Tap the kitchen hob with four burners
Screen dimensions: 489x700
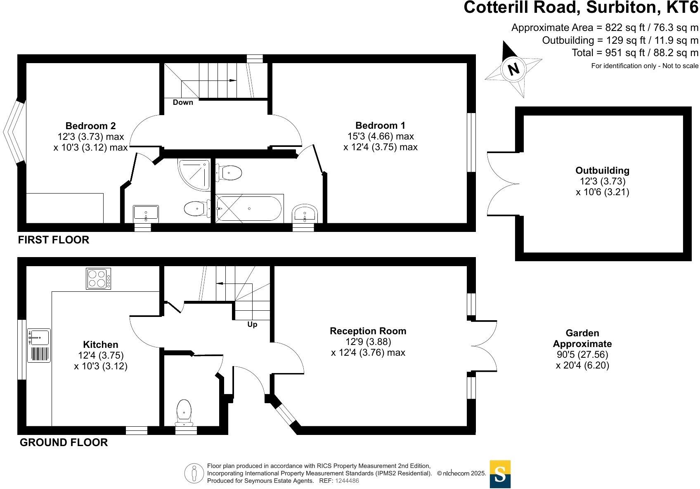click(99, 279)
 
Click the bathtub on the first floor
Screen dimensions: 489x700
click(249, 208)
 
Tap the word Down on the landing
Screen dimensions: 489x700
click(183, 102)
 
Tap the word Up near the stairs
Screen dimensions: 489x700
click(252, 324)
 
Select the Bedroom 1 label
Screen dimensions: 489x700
click(380, 125)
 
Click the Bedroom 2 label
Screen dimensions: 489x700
click(90, 126)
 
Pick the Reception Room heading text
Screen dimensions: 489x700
click(368, 331)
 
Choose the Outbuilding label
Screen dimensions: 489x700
click(602, 170)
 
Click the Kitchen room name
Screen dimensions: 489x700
click(100, 345)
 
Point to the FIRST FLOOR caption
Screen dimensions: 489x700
click(54, 240)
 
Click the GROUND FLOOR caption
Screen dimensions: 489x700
click(64, 442)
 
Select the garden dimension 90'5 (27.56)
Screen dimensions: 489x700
click(582, 354)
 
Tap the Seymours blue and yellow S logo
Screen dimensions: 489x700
click(500, 474)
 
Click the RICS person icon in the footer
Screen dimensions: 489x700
click(194, 473)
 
